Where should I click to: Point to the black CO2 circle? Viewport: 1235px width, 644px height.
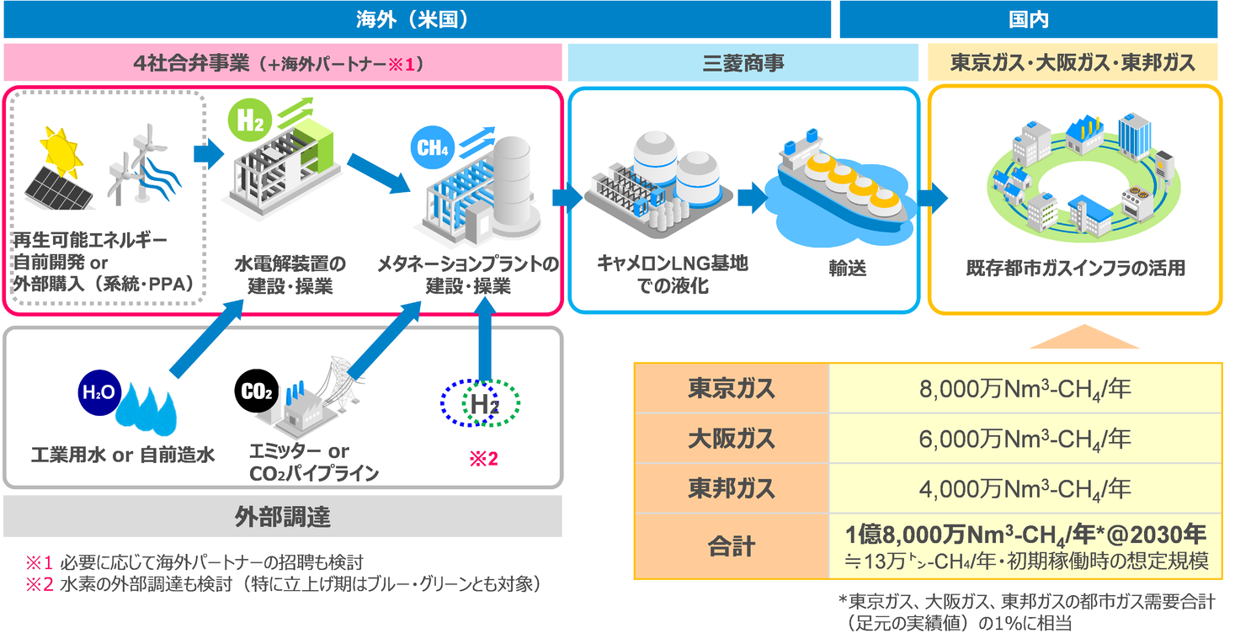click(254, 392)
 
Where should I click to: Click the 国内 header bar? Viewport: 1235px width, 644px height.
click(1029, 19)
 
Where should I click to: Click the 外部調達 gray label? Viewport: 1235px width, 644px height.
click(282, 516)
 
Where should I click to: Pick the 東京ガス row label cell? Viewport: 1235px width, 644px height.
click(731, 389)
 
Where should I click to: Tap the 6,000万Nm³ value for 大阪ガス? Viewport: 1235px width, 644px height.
click(1023, 439)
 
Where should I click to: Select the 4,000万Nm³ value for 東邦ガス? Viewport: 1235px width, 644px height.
click(1023, 488)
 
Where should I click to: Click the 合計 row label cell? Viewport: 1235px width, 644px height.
click(731, 546)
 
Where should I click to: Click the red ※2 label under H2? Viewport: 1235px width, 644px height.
click(482, 460)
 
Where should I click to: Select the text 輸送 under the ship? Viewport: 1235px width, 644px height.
click(846, 269)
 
